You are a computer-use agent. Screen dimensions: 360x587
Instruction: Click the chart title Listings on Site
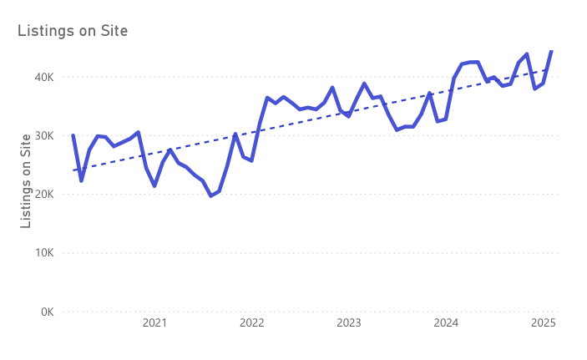click(x=73, y=31)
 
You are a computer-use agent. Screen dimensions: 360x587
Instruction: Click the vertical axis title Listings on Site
click(x=26, y=180)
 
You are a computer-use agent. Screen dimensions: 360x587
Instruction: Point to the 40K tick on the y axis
click(x=43, y=77)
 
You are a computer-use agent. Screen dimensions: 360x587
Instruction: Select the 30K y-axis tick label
click(x=43, y=135)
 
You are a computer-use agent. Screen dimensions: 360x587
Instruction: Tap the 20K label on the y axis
click(x=43, y=194)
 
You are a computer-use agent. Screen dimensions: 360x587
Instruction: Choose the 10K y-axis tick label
click(x=43, y=253)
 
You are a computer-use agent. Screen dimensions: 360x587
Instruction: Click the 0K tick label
click(x=46, y=312)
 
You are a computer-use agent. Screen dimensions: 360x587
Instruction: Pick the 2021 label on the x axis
click(x=154, y=323)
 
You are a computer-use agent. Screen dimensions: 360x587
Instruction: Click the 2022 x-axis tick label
click(x=251, y=323)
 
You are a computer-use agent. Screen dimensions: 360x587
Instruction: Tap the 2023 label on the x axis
click(x=349, y=323)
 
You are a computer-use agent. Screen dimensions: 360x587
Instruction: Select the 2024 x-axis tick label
click(x=446, y=323)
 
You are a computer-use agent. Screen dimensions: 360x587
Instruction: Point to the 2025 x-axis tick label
click(x=544, y=323)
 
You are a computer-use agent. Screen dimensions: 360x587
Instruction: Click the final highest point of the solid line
click(x=551, y=51)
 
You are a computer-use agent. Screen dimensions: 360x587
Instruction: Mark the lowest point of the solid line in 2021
click(x=210, y=195)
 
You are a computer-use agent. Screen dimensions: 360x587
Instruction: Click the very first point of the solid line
click(x=73, y=135)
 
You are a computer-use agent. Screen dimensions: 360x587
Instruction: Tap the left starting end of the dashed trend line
click(x=73, y=170)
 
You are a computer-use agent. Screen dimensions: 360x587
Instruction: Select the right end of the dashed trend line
click(x=551, y=69)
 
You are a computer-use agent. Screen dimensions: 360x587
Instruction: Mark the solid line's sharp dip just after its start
click(x=81, y=180)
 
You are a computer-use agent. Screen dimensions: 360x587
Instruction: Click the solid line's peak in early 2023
click(x=364, y=84)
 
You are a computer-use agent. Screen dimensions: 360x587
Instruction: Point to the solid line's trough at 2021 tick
click(x=154, y=185)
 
